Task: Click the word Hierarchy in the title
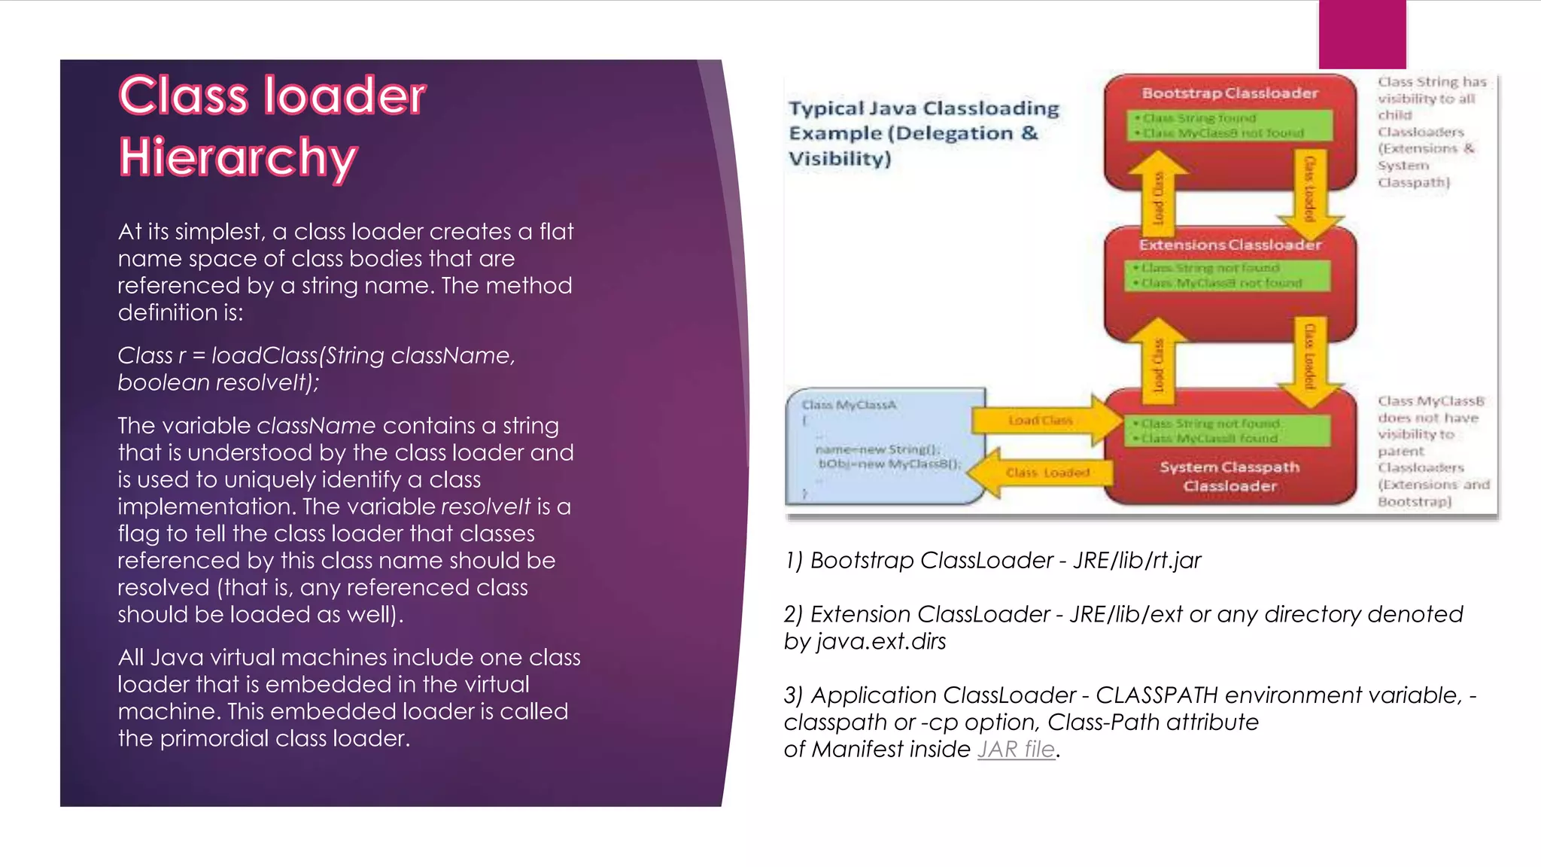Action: coord(238,157)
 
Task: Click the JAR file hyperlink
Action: coord(1016,750)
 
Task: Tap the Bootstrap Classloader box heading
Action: coord(1229,93)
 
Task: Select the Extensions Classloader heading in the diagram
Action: coord(1229,245)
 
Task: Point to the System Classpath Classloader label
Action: coord(1229,476)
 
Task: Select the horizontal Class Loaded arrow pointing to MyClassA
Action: coord(1042,473)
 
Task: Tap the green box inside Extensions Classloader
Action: coord(1226,275)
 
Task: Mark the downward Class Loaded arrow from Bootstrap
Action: coord(1310,192)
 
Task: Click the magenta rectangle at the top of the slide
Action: coord(1362,34)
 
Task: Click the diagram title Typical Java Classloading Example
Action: coord(923,133)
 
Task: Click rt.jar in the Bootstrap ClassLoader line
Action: coord(1177,561)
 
